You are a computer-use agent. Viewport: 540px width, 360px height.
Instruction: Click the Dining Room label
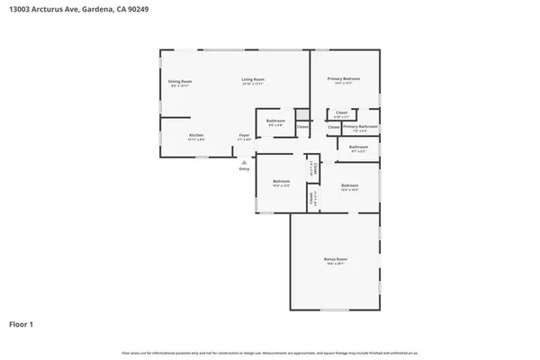(181, 82)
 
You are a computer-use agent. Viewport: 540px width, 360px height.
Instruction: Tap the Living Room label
(253, 79)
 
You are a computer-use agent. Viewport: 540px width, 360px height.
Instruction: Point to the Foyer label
(244, 135)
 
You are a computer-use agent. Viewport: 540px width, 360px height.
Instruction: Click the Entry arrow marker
(243, 161)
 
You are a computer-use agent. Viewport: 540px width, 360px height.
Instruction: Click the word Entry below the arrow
(244, 169)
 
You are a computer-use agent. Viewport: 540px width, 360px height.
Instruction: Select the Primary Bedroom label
(344, 79)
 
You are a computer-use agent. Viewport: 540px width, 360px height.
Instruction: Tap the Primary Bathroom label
(360, 127)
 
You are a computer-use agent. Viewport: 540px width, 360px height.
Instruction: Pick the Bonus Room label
(336, 259)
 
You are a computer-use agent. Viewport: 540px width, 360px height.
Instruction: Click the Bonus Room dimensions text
(336, 265)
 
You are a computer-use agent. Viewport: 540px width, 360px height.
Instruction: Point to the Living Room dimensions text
(253, 85)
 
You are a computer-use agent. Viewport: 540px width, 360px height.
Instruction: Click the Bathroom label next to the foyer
(275, 121)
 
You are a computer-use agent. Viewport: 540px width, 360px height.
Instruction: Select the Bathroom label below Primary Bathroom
(358, 147)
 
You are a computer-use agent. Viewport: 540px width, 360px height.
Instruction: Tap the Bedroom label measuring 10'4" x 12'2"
(281, 182)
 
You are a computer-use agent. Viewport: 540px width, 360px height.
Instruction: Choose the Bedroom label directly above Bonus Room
(350, 185)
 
